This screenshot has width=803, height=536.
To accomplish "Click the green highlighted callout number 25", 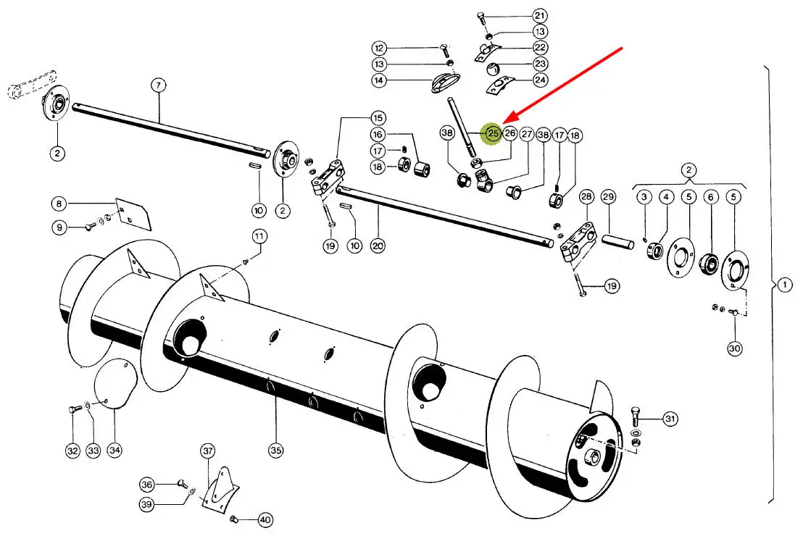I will pos(493,133).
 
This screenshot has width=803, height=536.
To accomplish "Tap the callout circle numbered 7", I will pos(159,85).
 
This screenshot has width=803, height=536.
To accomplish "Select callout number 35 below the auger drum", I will pos(275,451).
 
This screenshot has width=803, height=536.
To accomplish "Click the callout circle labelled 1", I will pos(784,285).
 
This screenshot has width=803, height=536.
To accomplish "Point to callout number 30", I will pos(735,348).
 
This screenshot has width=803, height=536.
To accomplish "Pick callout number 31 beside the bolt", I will pos(670,419).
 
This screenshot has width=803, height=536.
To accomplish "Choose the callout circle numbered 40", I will pos(265,519).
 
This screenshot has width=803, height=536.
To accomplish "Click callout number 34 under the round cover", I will pos(115,451).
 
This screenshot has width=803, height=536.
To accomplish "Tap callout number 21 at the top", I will pos(539,15).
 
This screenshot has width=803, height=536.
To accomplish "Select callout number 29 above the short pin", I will pos(608,197).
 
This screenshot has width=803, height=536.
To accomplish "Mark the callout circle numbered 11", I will pos(259,236).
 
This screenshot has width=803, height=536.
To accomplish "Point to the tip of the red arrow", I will pos(504,121).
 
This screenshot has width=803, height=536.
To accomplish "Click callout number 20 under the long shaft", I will pos(377,246).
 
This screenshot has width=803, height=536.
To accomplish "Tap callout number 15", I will pos(378,117).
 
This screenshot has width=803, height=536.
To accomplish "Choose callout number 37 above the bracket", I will pos(208,451).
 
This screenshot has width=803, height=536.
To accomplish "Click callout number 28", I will pos(586,197).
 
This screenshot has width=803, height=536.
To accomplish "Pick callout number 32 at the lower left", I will pos(72,451).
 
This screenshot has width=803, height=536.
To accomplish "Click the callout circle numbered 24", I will pos(541,80).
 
